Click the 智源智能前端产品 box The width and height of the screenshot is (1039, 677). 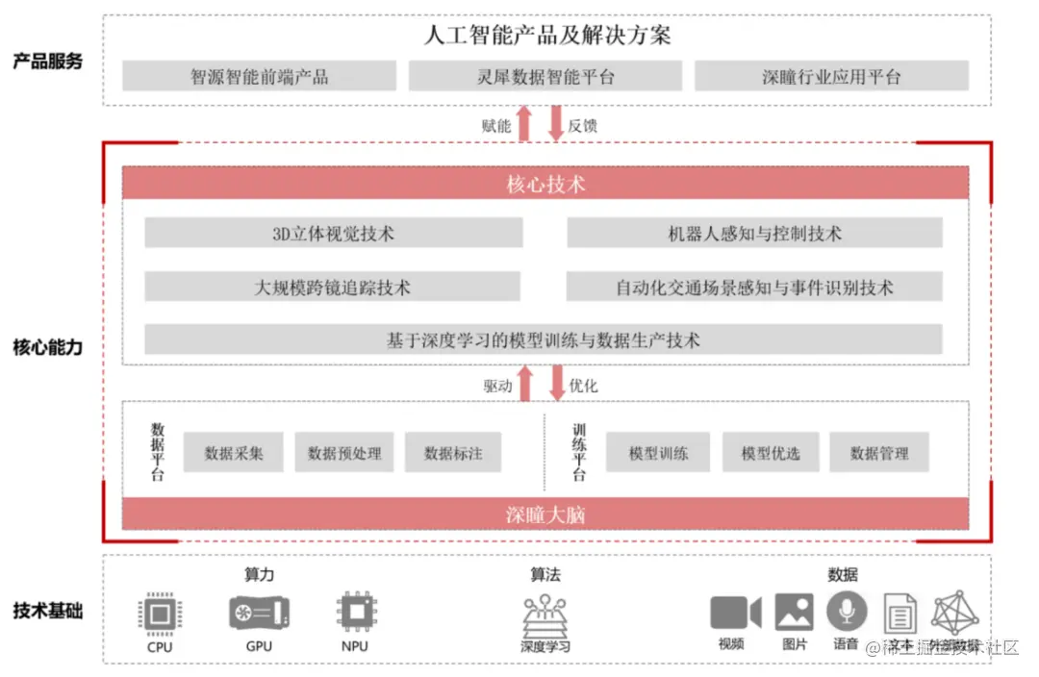(x=259, y=76)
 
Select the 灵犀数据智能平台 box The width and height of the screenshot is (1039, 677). (x=545, y=76)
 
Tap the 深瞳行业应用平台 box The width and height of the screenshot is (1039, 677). (x=831, y=76)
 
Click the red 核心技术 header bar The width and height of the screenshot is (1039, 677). (x=545, y=183)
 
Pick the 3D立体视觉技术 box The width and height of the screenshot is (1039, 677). (x=334, y=233)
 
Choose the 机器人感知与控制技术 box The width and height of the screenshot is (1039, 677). (x=754, y=233)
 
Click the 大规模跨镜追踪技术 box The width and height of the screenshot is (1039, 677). (x=333, y=287)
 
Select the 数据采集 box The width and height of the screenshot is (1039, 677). (x=234, y=452)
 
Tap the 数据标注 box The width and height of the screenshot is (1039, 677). (x=453, y=452)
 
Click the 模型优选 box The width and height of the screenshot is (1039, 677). (x=771, y=452)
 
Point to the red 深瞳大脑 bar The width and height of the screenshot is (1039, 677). (x=545, y=514)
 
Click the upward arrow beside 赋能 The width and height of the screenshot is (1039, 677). (x=524, y=124)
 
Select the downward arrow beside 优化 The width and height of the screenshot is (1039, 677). (x=556, y=383)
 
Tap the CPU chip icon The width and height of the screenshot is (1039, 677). (x=160, y=613)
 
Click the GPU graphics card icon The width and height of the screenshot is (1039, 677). (x=259, y=612)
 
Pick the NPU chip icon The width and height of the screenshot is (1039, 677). (x=355, y=612)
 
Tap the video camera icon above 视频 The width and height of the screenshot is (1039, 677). (x=735, y=613)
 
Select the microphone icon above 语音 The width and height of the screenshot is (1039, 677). (x=847, y=611)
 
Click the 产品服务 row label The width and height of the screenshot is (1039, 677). (x=48, y=62)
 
